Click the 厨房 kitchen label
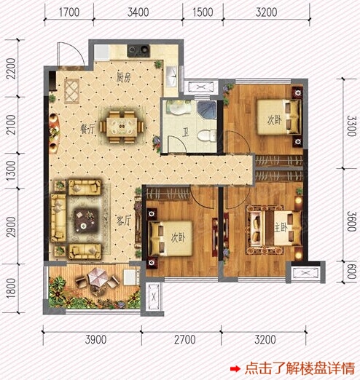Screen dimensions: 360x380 (124, 77)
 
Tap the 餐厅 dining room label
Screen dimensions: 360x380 (87, 129)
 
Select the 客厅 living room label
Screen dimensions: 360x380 (124, 221)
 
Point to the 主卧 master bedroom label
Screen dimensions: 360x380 (281, 228)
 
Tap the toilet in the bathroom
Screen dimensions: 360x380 (207, 135)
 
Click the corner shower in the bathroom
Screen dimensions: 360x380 (207, 110)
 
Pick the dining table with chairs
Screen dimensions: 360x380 (122, 127)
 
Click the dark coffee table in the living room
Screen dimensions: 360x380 (85, 220)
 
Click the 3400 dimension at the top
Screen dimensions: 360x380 (138, 12)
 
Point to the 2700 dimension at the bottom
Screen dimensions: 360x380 (185, 339)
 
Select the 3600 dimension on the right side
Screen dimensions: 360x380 (351, 221)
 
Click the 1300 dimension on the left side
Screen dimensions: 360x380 (11, 171)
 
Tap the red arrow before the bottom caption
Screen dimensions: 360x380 (235, 369)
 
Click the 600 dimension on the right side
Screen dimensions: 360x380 (352, 272)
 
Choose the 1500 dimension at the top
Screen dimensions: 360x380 (203, 12)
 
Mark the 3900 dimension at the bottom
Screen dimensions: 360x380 (95, 339)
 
